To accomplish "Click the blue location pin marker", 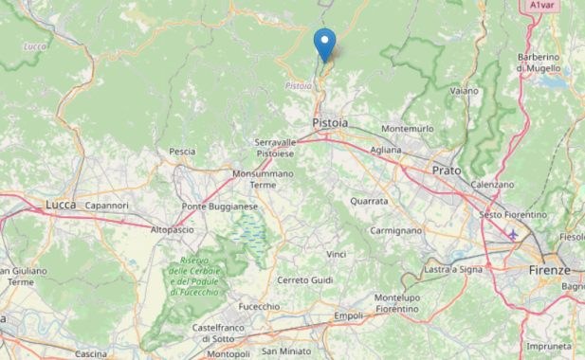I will coord(324,44).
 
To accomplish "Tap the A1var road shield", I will coord(541,6).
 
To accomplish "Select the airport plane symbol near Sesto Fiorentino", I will coord(513,234).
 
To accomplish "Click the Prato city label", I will coord(446,171).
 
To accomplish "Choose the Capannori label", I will coord(106,205).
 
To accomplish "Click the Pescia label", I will coord(182,152).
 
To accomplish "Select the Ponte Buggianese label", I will coord(220,207).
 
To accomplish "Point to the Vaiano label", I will coord(464,91).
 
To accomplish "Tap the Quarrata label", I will coord(368,201).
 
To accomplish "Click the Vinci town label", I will coord(336,255).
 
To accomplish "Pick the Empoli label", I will coord(349,315).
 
